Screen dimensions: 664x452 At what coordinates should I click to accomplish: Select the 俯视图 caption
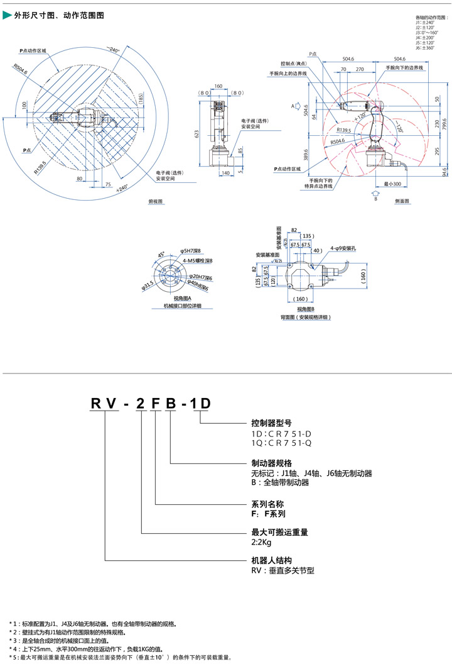[155, 201]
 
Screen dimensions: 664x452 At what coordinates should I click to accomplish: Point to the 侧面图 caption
[402, 201]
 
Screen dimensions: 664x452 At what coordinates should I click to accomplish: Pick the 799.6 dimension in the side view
[446, 124]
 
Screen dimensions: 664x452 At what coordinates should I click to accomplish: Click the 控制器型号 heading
[271, 423]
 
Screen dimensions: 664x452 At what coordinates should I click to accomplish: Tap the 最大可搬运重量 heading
[279, 531]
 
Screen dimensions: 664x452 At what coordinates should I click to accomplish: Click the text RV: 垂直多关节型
[282, 570]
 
